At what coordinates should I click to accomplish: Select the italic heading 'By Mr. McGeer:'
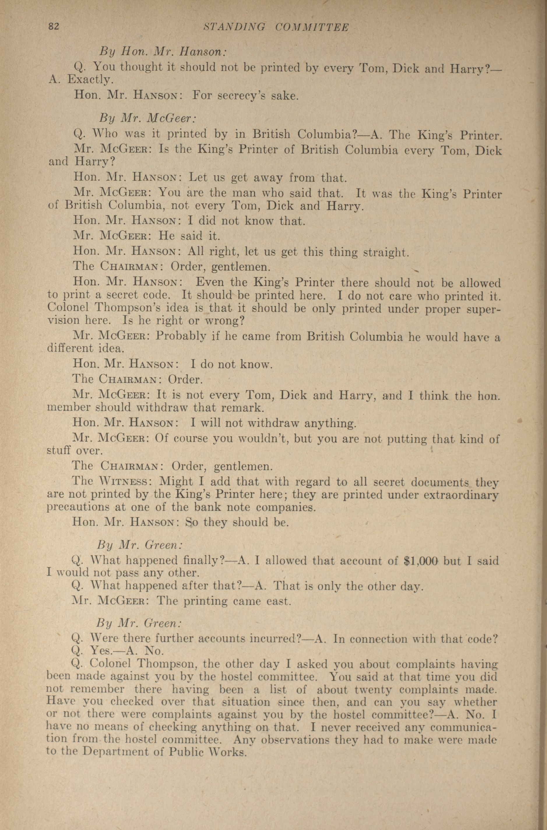tap(147, 118)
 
